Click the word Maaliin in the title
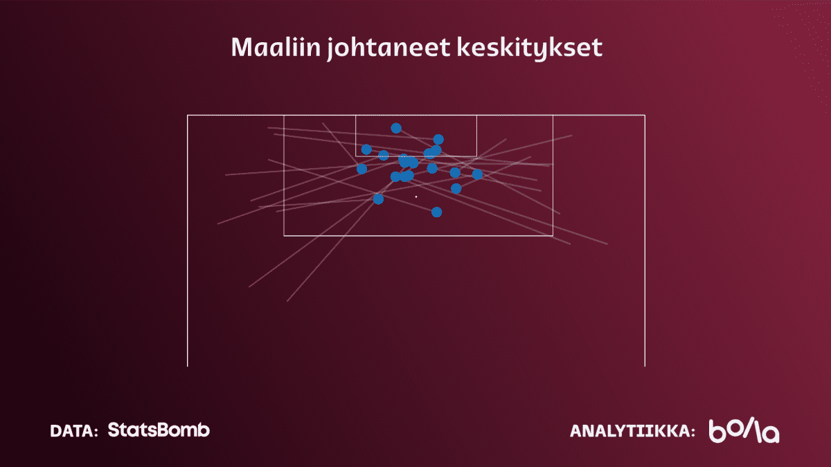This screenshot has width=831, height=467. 276,47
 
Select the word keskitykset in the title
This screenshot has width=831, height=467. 529,48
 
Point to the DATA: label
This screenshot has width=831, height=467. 74,430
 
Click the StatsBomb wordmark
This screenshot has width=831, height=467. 159,430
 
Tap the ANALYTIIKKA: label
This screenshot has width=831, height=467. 632,431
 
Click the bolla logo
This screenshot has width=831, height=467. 744,430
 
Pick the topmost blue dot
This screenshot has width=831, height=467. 396,128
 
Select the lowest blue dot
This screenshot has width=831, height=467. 437,212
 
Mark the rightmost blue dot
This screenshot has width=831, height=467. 477,174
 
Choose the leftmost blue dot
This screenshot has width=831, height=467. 361,169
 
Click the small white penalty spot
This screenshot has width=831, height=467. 416,196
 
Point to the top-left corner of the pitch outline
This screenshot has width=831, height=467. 188,116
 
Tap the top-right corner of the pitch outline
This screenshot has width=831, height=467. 645,116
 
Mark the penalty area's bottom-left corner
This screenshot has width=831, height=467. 284,235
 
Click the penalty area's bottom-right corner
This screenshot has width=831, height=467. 553,235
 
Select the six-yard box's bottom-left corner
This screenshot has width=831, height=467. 356,156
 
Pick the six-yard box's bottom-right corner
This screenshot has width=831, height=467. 476,156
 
